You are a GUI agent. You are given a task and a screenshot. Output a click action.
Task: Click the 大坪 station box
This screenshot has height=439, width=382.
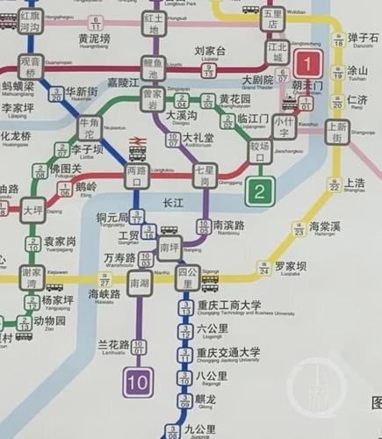[x=32, y=212]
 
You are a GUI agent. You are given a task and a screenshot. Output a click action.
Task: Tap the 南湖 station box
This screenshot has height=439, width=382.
[x=139, y=284]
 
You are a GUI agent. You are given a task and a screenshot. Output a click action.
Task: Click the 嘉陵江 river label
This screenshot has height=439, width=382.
[x=124, y=83]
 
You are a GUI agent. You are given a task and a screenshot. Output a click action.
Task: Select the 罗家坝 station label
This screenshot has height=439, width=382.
[x=291, y=265]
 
